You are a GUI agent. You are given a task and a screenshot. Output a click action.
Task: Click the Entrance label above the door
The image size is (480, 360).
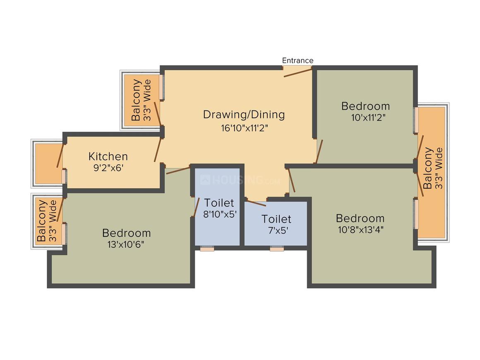pyautogui.click(x=298, y=60)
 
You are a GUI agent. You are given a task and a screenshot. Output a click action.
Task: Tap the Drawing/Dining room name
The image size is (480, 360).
pyautogui.click(x=244, y=115)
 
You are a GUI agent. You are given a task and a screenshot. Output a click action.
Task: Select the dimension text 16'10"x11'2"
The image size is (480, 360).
pyautogui.click(x=244, y=127)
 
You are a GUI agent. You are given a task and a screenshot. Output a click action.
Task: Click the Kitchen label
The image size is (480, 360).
pyautogui.click(x=108, y=156)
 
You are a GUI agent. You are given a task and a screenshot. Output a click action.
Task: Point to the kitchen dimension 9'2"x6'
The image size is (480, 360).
pyautogui.click(x=108, y=168)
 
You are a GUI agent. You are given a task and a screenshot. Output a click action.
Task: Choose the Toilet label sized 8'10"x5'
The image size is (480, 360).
pyautogui.click(x=219, y=203)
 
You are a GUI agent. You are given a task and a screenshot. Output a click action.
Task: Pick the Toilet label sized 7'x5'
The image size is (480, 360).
pyautogui.click(x=276, y=219)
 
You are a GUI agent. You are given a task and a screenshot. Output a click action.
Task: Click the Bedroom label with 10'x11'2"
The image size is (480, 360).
pyautogui.click(x=365, y=106)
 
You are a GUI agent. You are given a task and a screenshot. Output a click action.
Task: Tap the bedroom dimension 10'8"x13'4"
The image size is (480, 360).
pyautogui.click(x=360, y=229)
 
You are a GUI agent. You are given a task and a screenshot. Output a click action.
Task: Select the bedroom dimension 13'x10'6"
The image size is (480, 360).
pyautogui.click(x=126, y=244)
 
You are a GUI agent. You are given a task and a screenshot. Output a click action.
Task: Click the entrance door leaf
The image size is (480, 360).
pyautogui.click(x=298, y=73)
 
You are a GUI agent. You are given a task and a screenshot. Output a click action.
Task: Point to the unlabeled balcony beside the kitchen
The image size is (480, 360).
pyautogui.click(x=49, y=163)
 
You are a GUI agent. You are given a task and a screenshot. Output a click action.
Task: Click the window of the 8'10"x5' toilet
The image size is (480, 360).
pyautogui.click(x=207, y=249)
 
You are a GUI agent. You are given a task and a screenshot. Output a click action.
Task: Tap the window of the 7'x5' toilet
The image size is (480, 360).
pyautogui.click(x=277, y=249)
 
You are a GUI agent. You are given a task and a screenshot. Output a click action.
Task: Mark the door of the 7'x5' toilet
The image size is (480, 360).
pyautogui.click(x=256, y=203)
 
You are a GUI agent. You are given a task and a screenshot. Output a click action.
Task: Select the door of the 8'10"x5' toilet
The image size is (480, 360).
pyautogui.click(x=196, y=207)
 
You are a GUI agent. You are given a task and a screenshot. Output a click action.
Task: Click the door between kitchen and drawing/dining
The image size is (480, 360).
pyautogui.click(x=157, y=150)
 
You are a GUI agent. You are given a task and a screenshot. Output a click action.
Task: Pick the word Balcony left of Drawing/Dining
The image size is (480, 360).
pyautogui.click(x=136, y=100)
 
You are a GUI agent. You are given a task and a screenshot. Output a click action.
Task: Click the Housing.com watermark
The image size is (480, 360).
pyautogui.click(x=240, y=180)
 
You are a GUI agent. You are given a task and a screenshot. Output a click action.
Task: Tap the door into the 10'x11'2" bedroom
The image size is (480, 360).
pyautogui.click(x=319, y=151)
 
